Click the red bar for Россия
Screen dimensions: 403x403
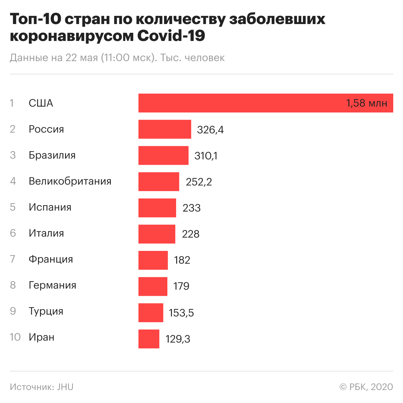pyautogui.click(x=165, y=129)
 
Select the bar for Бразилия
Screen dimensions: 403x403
pyautogui.click(x=163, y=155)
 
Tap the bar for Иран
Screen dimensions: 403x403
pyautogui.click(x=149, y=339)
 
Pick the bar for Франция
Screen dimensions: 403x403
pyautogui.click(x=153, y=260)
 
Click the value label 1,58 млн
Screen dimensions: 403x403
pyautogui.click(x=367, y=103)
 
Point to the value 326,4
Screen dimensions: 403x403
pyautogui.click(x=210, y=130)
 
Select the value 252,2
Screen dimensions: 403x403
pyautogui.click(x=199, y=182)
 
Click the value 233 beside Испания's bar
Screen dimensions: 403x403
pyautogui.click(x=191, y=208)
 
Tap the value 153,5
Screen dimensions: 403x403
pyautogui.click(x=181, y=313)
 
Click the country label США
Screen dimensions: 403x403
pyautogui.click(x=41, y=103)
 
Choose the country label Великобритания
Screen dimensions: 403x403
pyautogui.click(x=70, y=181)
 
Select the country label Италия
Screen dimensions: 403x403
pyautogui.click(x=46, y=233)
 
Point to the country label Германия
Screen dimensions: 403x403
pyautogui.click(x=52, y=285)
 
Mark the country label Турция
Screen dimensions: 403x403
pyautogui.click(x=46, y=312)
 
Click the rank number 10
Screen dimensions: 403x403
pyautogui.click(x=15, y=337)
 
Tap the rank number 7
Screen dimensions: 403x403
pyautogui.click(x=13, y=259)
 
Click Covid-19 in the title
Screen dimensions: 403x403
pyautogui.click(x=171, y=36)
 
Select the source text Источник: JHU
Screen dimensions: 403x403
pyautogui.click(x=42, y=387)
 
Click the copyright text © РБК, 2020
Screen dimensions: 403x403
pyautogui.click(x=366, y=387)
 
